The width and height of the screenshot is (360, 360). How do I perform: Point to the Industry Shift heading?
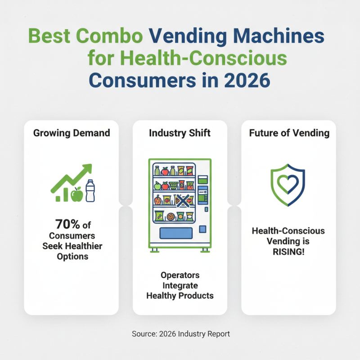[180, 133]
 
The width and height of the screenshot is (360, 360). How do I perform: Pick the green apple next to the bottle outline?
[77, 194]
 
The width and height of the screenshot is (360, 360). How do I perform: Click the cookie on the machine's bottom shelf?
[171, 217]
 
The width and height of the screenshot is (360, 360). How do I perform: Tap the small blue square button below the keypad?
[202, 229]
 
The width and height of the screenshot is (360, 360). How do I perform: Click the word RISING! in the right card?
[288, 251]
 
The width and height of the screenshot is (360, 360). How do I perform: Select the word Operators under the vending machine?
[180, 275]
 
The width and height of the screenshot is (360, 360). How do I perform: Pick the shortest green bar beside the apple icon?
[58, 198]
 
